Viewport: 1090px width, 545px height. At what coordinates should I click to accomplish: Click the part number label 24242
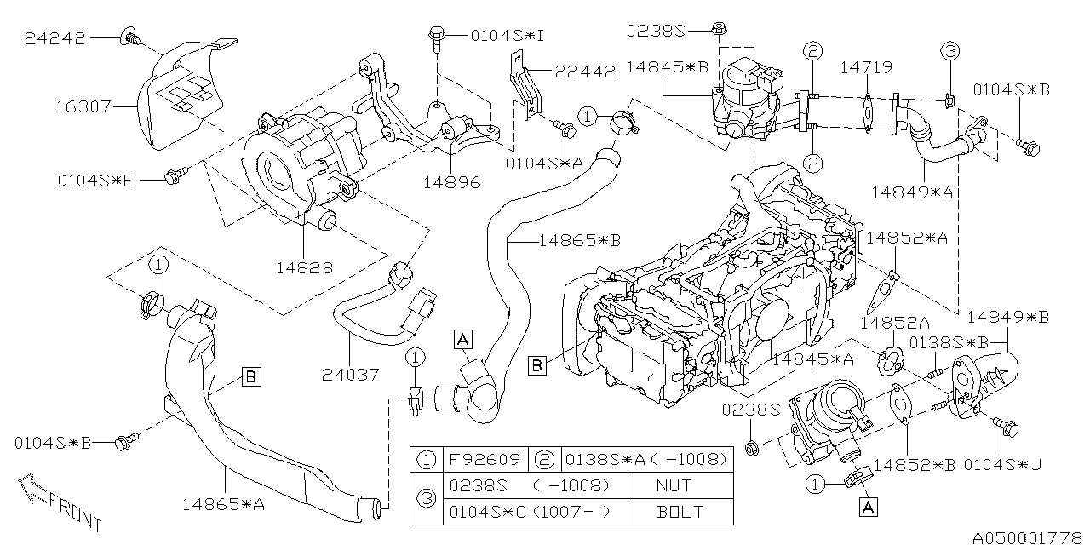tap(56, 38)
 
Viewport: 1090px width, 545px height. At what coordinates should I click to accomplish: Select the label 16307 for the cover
tap(83, 108)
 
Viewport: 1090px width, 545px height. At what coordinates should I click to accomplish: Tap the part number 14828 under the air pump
tap(303, 267)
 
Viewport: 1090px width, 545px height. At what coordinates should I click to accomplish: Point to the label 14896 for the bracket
tap(450, 182)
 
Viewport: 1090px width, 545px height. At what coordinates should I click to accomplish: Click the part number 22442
tap(585, 72)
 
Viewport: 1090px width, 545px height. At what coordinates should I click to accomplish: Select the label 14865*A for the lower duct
tap(223, 503)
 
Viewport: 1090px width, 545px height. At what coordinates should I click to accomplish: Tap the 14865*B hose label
tap(579, 241)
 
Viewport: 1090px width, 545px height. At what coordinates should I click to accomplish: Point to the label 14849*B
tap(1007, 317)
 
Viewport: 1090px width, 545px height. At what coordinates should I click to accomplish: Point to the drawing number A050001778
tap(1029, 537)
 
